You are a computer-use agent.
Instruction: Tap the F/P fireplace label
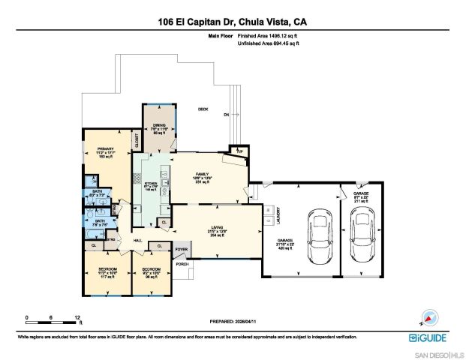coord(240,151)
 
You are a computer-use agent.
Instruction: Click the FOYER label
coord(181,250)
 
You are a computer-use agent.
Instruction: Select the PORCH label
coord(181,264)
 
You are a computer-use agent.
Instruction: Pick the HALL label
coord(137,240)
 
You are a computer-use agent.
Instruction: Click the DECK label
coord(202,109)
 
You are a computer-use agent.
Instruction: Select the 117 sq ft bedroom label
coord(105,272)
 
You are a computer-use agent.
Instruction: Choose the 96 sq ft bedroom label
coord(150,272)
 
